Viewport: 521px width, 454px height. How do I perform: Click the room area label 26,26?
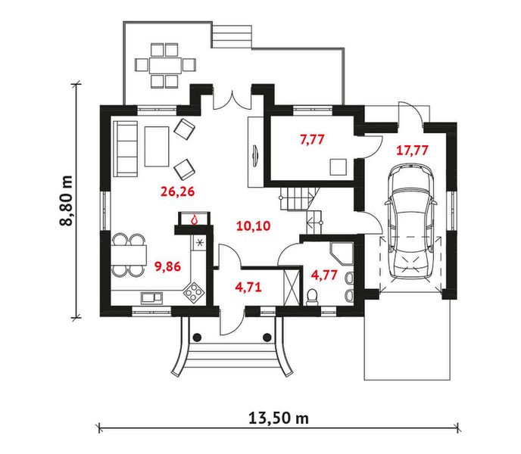pyautogui.click(x=177, y=191)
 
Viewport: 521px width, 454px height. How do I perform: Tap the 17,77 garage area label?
pyautogui.click(x=412, y=151)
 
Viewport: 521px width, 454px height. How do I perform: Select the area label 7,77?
pyautogui.click(x=312, y=139)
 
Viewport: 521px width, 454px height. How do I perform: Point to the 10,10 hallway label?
pyautogui.click(x=253, y=226)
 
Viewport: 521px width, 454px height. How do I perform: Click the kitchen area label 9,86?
pyautogui.click(x=168, y=266)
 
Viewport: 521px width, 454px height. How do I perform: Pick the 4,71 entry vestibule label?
pyautogui.click(x=248, y=287)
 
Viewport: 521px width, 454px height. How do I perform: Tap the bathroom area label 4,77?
pyautogui.click(x=324, y=275)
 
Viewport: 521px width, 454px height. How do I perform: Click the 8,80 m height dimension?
pyautogui.click(x=66, y=201)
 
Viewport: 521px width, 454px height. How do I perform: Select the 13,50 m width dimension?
pyautogui.click(x=279, y=418)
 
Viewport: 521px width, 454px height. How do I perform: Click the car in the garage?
pyautogui.click(x=410, y=222)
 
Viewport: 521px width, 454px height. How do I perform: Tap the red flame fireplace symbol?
pyautogui.click(x=194, y=219)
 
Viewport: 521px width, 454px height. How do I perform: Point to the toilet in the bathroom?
pyautogui.click(x=312, y=297)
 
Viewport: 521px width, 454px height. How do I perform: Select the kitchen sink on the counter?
pyautogui.click(x=152, y=297)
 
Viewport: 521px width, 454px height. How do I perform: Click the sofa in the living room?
pyautogui.click(x=125, y=148)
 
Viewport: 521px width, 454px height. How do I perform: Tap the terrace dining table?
pyautogui.click(x=165, y=65)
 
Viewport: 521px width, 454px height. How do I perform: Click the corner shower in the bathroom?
pyautogui.click(x=342, y=253)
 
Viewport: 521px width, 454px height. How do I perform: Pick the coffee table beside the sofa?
pyautogui.click(x=157, y=147)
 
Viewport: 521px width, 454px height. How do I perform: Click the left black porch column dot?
pyautogui.click(x=197, y=337)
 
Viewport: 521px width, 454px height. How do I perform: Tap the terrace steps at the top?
pyautogui.click(x=231, y=35)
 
